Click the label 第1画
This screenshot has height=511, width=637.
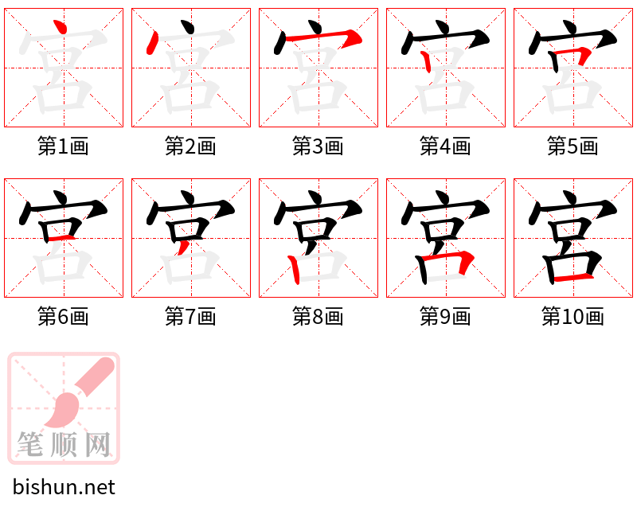pos(64,146)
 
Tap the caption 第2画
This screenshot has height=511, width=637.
pos(191,146)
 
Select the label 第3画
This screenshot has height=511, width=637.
pos(318,146)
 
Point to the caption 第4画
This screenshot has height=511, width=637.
pos(446,146)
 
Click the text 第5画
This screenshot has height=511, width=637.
pos(573,146)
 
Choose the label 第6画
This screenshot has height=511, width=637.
pos(64,317)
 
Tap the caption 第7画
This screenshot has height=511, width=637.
pos(191,317)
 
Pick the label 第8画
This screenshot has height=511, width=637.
pos(318,317)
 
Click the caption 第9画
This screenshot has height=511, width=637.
pos(446,317)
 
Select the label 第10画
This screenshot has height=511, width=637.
pos(573,317)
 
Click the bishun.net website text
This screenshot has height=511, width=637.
pos(64,487)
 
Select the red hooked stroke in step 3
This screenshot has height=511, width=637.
pos(322,37)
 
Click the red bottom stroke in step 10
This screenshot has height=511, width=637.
pos(573,276)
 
